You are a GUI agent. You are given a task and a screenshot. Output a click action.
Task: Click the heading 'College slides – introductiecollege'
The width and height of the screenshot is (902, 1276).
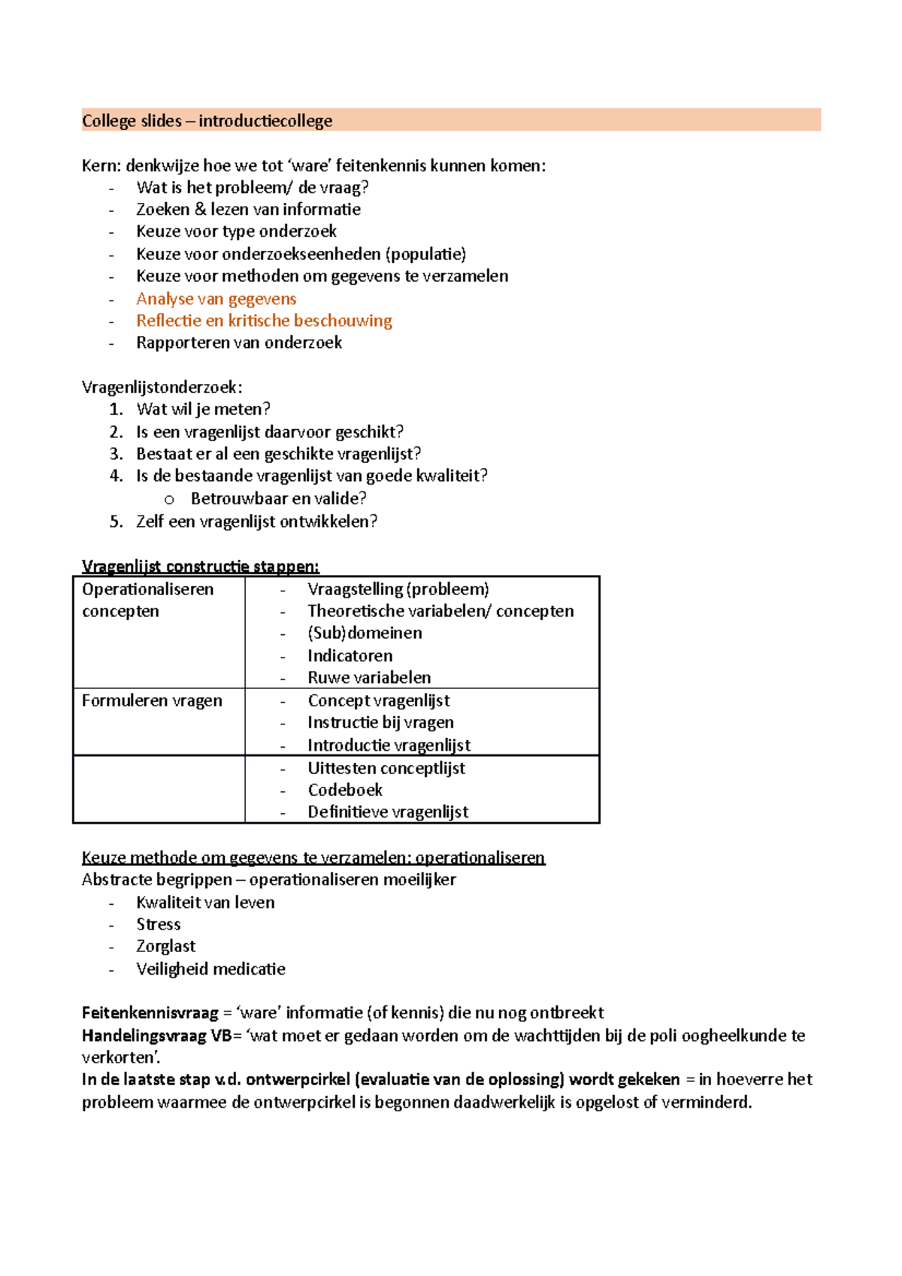tap(207, 121)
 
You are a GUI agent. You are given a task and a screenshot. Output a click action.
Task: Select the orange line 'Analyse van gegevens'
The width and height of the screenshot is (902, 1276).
tap(216, 299)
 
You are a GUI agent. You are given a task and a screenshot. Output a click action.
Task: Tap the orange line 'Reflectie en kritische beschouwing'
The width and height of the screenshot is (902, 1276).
tap(264, 321)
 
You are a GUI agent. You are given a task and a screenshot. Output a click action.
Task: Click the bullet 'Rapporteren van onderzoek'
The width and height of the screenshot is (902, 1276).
tap(239, 343)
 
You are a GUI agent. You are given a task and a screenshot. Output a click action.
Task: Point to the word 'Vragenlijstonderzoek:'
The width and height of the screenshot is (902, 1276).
tap(162, 388)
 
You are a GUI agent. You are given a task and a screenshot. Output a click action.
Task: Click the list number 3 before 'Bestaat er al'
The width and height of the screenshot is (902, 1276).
tap(116, 454)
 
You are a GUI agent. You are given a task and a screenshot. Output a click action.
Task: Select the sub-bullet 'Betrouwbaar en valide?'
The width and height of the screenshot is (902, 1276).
tap(278, 498)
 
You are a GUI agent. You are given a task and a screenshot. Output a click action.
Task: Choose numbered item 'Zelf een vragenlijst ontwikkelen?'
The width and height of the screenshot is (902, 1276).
tap(256, 522)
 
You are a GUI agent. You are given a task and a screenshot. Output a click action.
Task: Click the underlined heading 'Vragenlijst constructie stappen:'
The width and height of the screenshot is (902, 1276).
tap(200, 567)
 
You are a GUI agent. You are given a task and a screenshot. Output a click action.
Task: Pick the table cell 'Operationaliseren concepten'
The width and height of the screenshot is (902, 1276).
tap(147, 600)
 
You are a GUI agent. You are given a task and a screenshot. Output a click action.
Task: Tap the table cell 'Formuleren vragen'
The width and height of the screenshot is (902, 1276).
tap(152, 700)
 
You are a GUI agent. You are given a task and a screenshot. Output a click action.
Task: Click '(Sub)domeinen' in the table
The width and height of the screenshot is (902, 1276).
tap(365, 633)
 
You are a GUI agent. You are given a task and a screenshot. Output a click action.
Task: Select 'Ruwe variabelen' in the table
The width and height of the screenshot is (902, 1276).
tap(369, 678)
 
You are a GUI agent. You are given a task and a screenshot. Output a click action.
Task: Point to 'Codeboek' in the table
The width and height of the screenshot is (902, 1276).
tap(345, 790)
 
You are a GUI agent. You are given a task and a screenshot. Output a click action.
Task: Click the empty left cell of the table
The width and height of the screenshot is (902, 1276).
tap(159, 789)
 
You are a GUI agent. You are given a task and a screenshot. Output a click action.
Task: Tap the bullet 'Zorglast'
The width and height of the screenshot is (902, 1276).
tap(165, 946)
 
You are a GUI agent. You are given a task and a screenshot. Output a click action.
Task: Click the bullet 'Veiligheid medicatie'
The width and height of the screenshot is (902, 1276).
tap(210, 969)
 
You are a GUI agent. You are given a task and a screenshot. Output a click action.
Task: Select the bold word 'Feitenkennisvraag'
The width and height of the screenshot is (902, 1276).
tap(150, 1013)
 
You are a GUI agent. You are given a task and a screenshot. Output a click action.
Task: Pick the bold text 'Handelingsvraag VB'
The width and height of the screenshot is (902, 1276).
tap(156, 1036)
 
